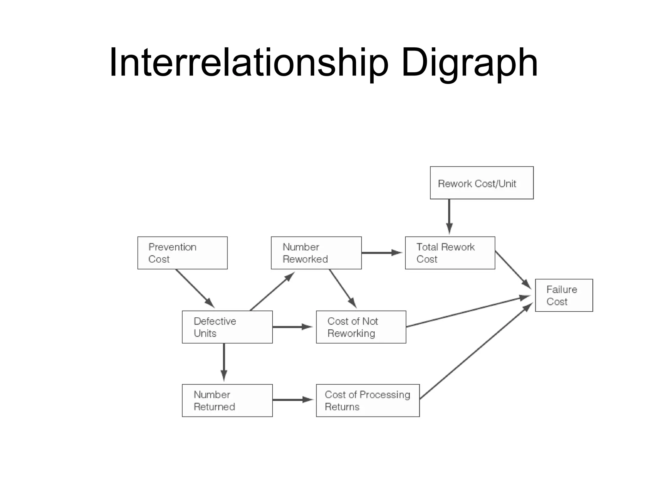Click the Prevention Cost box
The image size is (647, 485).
coord(182,253)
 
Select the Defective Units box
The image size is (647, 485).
coord(227,327)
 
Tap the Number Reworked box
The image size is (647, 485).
coord(316,253)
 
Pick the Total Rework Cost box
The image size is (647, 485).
coord(450,253)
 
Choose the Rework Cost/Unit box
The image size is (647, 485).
coord(481,183)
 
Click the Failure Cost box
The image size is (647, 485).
coord(564,295)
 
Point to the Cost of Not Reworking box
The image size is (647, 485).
coord(361,327)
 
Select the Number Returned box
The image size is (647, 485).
coord(227,400)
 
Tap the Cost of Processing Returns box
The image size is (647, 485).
coord(367,400)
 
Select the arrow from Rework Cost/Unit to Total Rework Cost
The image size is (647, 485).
coord(449,216)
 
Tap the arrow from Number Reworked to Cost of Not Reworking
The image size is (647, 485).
coord(342,288)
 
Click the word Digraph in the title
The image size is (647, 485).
coord(469,63)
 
